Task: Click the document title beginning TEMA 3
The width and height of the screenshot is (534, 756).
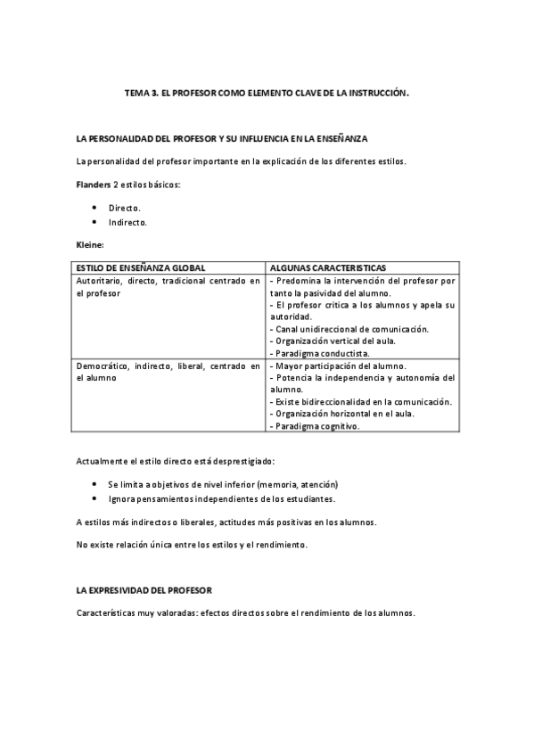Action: click(x=267, y=92)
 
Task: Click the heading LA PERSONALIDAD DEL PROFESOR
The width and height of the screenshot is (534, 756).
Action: click(x=222, y=140)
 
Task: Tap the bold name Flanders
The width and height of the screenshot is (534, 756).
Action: click(x=90, y=185)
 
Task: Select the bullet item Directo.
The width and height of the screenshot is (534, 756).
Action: click(x=124, y=207)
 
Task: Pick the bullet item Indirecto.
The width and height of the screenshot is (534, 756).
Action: click(x=127, y=222)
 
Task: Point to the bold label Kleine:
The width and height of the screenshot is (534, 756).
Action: click(x=91, y=243)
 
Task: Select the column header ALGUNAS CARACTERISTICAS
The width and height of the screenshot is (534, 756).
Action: click(x=327, y=267)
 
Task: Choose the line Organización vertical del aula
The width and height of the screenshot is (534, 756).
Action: click(x=333, y=341)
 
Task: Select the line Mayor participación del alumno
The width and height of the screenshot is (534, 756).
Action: click(x=338, y=366)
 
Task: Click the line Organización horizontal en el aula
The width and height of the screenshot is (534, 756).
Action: click(x=342, y=414)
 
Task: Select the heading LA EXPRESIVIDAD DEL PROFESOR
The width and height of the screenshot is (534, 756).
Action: click(x=144, y=591)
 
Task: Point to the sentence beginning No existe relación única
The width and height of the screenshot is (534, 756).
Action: click(x=192, y=544)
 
